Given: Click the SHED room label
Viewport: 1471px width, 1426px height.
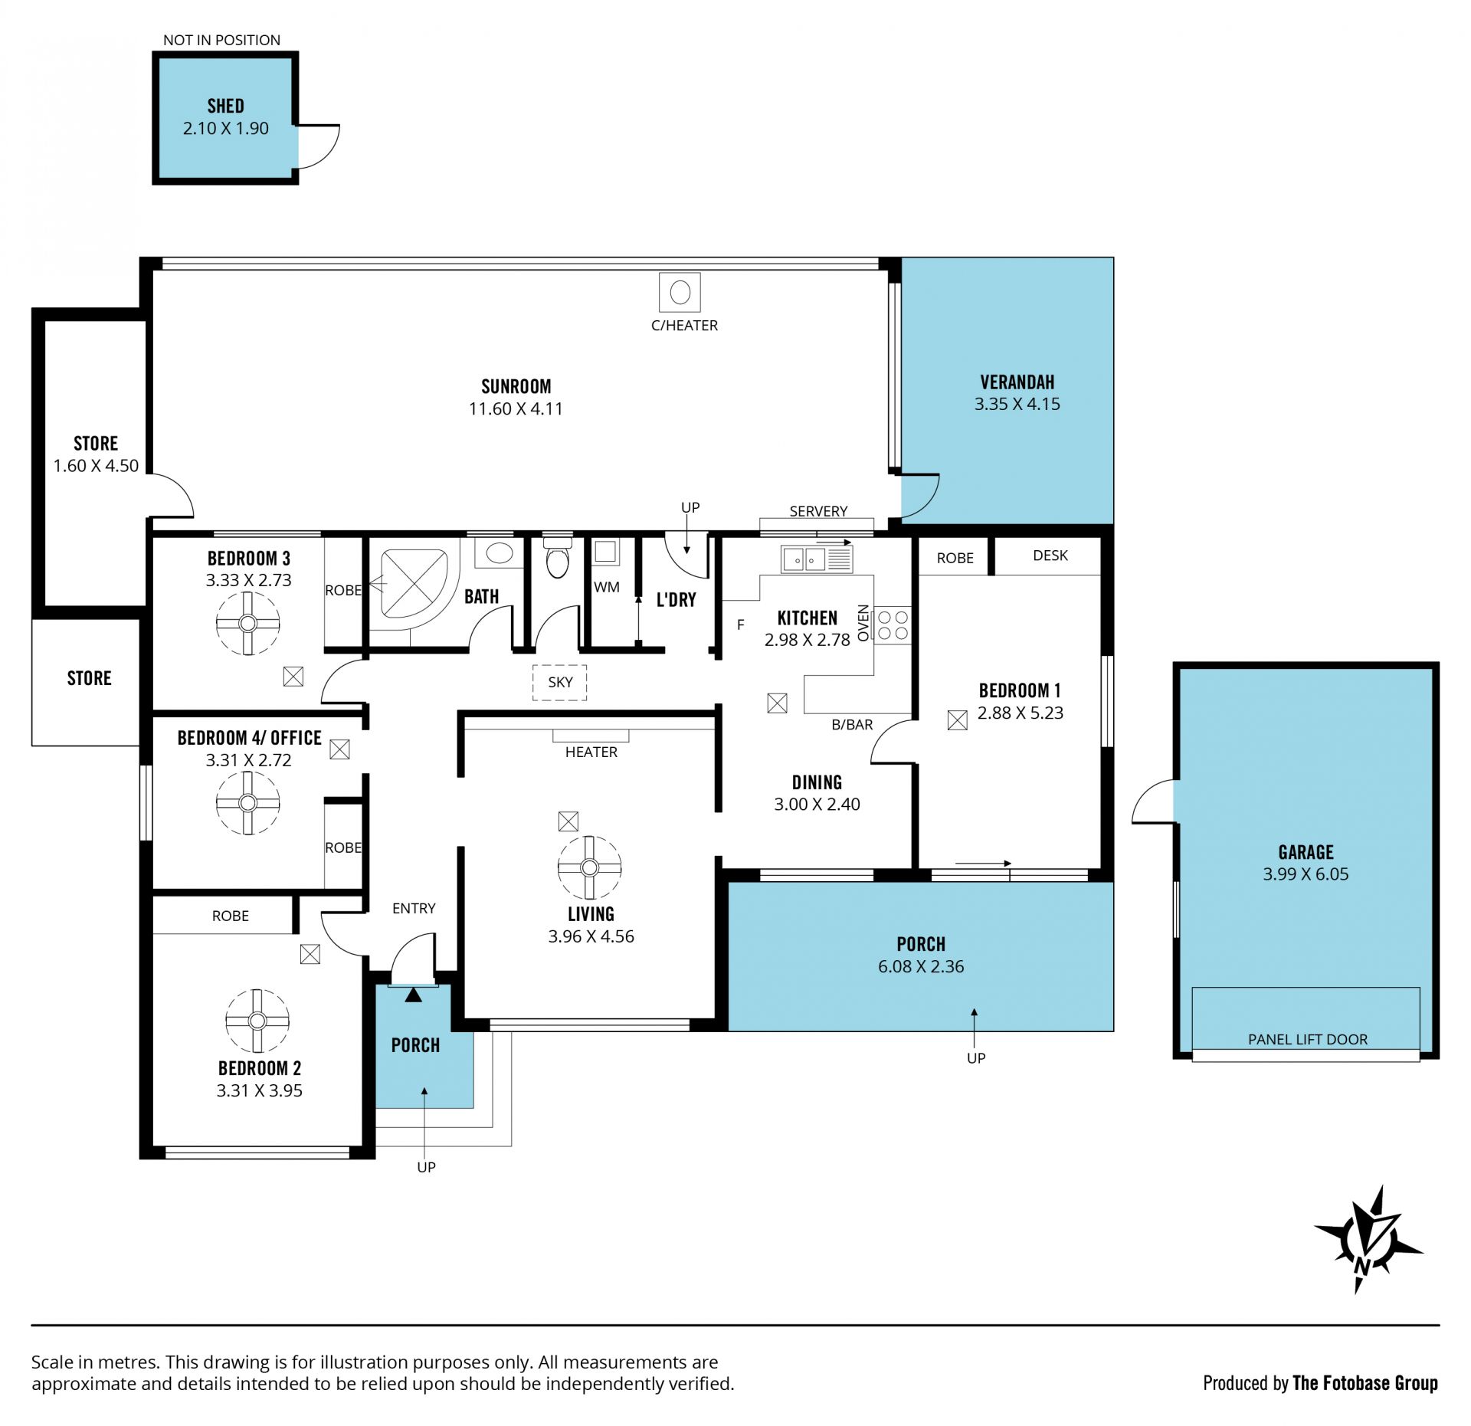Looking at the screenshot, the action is [225, 106].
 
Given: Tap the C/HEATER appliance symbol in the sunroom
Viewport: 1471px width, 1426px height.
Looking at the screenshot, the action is [680, 292].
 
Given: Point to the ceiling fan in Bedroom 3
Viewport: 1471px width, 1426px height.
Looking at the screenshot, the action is [247, 623].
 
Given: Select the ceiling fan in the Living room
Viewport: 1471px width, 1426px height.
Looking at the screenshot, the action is [589, 867].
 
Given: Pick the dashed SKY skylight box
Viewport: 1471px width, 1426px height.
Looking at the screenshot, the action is [560, 682].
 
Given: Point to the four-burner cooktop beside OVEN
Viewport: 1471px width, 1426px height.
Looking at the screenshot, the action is [893, 624].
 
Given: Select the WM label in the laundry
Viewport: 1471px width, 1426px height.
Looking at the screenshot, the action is [607, 587].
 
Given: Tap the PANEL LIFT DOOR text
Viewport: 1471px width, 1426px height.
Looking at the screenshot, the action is [1308, 1039].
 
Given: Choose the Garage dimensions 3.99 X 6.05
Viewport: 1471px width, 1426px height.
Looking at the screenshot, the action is [1306, 874].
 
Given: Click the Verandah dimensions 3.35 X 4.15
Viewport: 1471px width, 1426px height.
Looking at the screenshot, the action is [1017, 404].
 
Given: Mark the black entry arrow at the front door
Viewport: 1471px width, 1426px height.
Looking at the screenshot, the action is [414, 995].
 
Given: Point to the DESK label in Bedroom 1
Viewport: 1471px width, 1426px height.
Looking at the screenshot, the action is [1050, 556].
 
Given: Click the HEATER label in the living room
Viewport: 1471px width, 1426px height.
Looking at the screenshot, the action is [591, 752].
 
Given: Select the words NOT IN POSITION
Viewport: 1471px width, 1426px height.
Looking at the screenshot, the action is [221, 40].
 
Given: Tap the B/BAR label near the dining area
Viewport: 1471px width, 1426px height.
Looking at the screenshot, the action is [852, 724].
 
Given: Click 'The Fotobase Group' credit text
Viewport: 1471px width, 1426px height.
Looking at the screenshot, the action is [1365, 1382].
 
